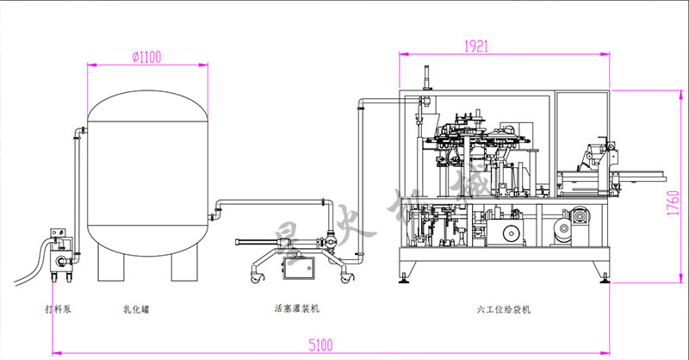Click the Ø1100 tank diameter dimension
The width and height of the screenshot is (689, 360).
[147, 57]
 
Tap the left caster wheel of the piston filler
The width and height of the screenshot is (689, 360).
[255, 276]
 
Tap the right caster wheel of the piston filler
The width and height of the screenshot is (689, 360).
[345, 276]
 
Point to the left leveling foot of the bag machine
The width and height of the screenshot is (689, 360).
[405, 278]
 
